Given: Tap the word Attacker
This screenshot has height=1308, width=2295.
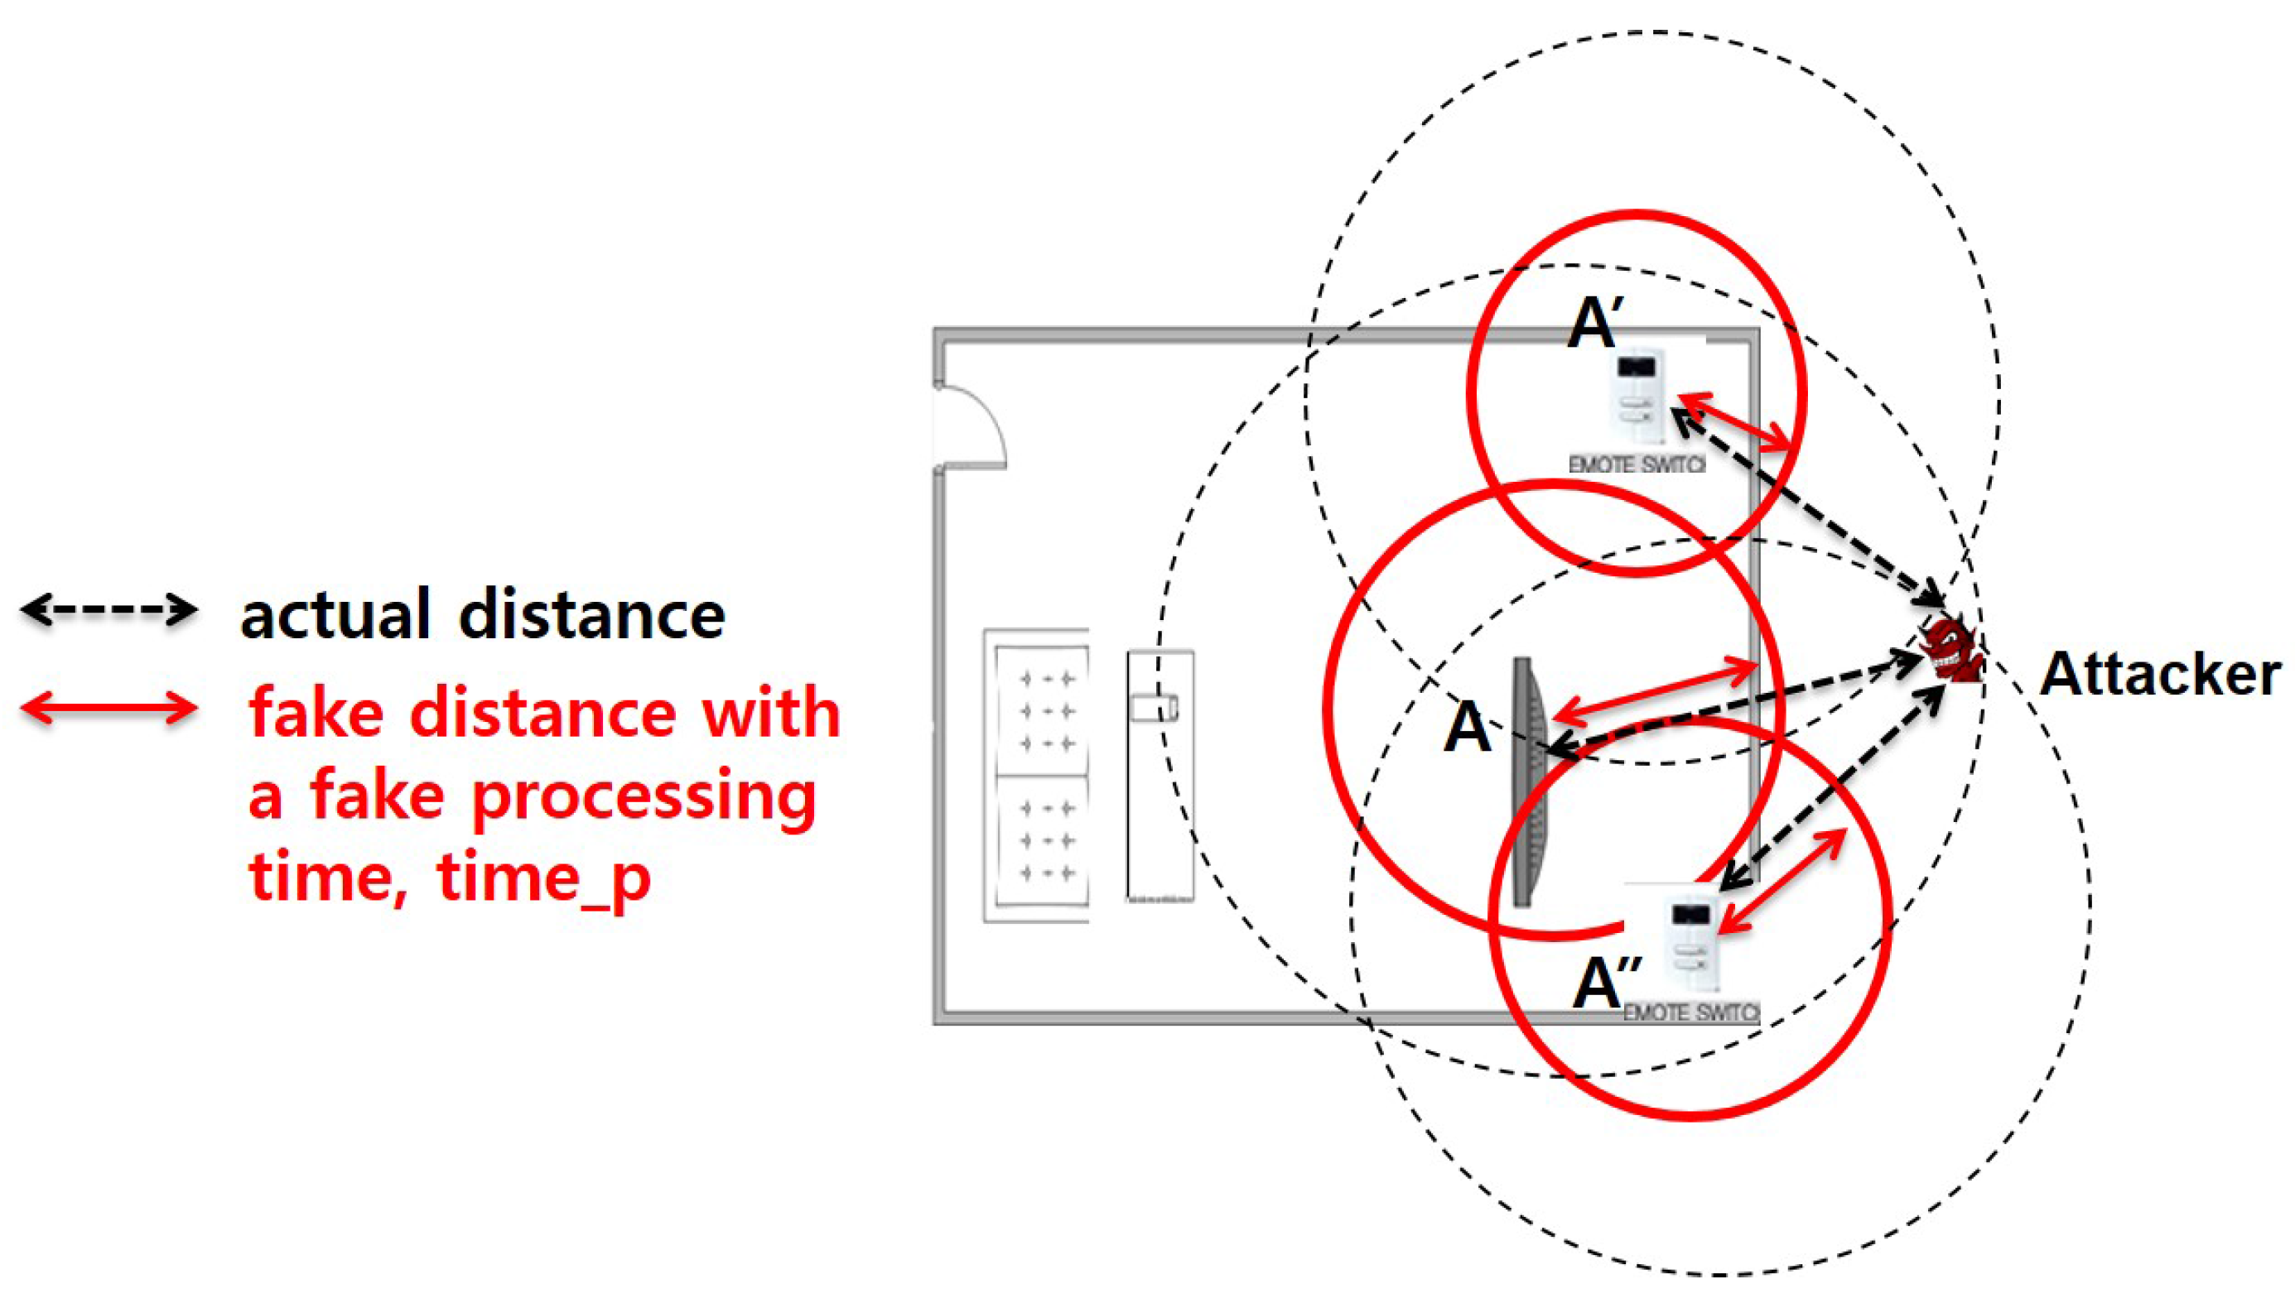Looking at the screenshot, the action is click(x=2159, y=675).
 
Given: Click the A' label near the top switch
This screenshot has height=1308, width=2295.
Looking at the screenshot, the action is click(x=1594, y=325).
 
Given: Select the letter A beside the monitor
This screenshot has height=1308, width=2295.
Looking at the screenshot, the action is click(x=1467, y=728).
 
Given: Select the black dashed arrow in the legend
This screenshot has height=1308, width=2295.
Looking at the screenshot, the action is click(x=108, y=611).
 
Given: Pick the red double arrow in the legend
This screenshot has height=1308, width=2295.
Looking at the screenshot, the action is click(x=108, y=708).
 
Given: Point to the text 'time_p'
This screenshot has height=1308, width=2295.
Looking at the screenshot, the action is click(x=543, y=878).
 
